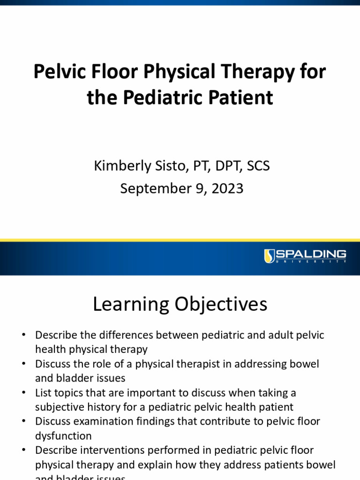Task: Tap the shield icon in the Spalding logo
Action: pyautogui.click(x=269, y=255)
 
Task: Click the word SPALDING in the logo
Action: pyautogui.click(x=311, y=255)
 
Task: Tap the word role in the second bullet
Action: pyautogui.click(x=97, y=364)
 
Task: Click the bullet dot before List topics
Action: pyautogui.click(x=23, y=393)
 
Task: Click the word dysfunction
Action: pyautogui.click(x=63, y=435)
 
